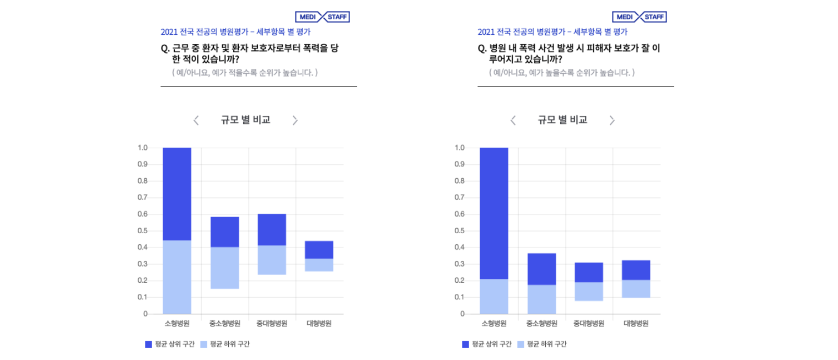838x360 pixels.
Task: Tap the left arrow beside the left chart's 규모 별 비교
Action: click(196, 120)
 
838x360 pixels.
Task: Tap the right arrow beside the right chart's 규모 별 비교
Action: click(611, 120)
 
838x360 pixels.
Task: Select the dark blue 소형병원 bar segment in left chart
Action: click(177, 194)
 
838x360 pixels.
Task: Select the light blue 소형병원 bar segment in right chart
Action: click(494, 296)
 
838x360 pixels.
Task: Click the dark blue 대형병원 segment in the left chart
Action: click(319, 250)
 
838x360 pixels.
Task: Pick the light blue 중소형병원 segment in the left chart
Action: click(224, 267)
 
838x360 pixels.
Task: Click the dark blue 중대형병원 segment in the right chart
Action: click(589, 272)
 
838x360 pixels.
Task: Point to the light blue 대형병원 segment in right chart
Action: click(636, 288)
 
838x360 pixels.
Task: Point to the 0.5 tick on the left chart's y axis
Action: click(142, 231)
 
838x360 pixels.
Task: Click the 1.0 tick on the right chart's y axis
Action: click(459, 148)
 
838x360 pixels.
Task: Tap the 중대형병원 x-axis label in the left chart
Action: click(272, 324)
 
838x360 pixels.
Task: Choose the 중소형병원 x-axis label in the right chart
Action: click(541, 324)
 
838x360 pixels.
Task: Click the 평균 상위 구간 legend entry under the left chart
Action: click(170, 345)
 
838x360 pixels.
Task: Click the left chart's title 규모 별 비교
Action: click(245, 120)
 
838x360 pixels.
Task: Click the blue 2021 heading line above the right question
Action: click(552, 32)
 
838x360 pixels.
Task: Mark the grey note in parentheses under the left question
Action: click(245, 73)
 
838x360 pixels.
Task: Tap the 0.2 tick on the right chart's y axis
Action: click(459, 281)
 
